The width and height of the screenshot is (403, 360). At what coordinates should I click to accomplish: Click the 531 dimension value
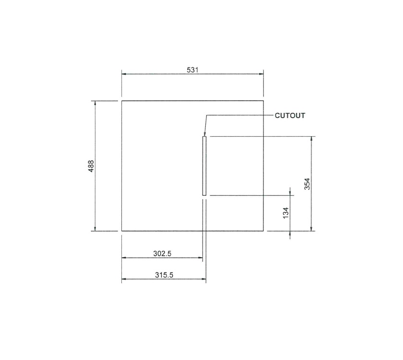point(192,70)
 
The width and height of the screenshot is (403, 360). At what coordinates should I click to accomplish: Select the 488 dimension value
point(91,166)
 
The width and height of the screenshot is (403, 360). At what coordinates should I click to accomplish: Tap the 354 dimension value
point(308,184)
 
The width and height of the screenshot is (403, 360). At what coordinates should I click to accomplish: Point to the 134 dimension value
point(286,213)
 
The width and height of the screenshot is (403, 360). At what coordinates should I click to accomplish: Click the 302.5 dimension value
point(163,253)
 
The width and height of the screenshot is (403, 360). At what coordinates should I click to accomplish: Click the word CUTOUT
point(290,115)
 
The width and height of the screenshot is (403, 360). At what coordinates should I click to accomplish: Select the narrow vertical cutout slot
point(204,166)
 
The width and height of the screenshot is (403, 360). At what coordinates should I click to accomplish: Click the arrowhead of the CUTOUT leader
point(204,135)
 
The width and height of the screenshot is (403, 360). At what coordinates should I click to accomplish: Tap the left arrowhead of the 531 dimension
point(124,74)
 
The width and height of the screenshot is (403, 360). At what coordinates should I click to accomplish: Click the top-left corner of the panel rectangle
point(121,101)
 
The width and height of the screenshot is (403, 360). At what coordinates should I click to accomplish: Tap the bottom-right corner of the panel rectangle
point(263,231)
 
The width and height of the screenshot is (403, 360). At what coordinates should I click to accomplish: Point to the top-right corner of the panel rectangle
point(263,101)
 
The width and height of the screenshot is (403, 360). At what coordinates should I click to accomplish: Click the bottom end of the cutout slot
point(204,195)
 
